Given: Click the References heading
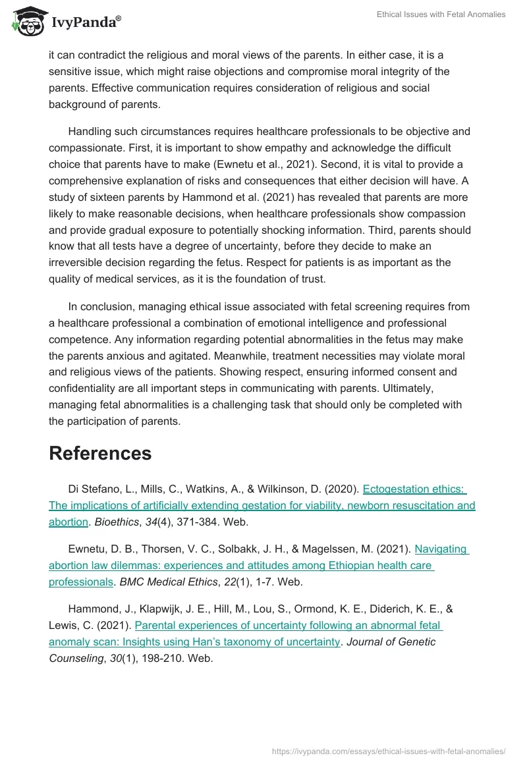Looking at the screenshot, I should coord(100,453).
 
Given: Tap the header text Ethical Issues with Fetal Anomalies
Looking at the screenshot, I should coord(441,14).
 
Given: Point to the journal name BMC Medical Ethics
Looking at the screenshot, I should coord(168,581).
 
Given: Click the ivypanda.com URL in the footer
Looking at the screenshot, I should coord(389,751).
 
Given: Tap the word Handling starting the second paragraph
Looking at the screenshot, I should coord(91,132).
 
